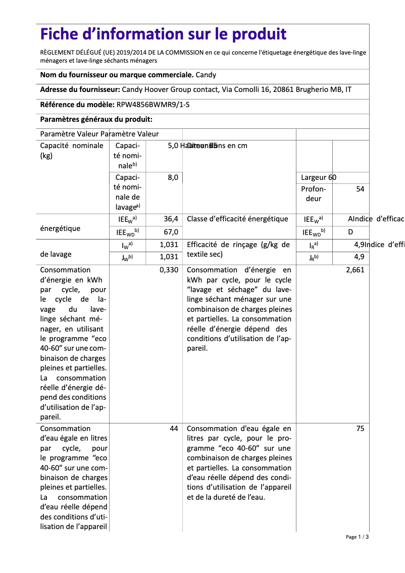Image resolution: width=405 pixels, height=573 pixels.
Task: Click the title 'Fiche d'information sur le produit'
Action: click(x=163, y=34)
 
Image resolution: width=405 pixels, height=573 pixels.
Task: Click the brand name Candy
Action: click(x=206, y=75)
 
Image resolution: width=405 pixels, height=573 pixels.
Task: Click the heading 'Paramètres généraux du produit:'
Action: click(x=96, y=119)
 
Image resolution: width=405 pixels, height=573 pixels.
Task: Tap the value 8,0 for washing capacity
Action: click(x=173, y=177)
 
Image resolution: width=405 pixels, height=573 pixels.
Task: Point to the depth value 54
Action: click(x=360, y=188)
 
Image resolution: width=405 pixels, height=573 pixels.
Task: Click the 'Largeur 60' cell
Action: click(x=318, y=177)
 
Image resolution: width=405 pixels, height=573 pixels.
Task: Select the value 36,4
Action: click(x=171, y=219)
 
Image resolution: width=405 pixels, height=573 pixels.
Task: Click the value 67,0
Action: click(x=171, y=232)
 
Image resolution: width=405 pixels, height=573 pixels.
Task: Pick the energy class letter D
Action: click(x=350, y=232)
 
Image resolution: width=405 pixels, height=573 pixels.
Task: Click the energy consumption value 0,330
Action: click(x=169, y=270)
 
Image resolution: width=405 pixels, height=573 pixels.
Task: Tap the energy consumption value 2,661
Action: click(x=355, y=270)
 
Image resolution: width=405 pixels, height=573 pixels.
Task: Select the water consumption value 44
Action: click(x=174, y=428)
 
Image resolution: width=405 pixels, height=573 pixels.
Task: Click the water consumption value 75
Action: click(x=360, y=428)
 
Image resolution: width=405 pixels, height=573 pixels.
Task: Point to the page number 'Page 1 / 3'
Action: click(x=357, y=537)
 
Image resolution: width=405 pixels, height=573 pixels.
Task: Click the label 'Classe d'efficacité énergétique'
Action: click(x=237, y=219)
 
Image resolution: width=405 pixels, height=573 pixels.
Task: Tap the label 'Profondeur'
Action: click(x=314, y=194)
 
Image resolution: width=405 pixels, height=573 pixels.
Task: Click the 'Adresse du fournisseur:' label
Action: click(x=80, y=90)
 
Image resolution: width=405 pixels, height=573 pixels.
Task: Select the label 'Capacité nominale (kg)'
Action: click(x=65, y=151)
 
